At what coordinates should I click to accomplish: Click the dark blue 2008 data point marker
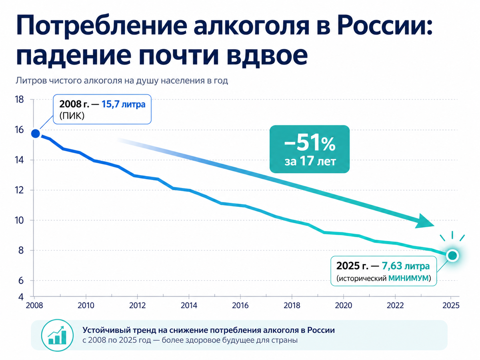(x=35, y=134)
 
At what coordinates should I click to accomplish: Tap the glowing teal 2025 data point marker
(x=452, y=255)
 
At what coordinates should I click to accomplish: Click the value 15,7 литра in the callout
(x=124, y=105)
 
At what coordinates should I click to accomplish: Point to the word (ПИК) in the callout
(x=71, y=116)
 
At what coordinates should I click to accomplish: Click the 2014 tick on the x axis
(x=189, y=305)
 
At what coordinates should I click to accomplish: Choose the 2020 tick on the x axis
(x=344, y=305)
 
